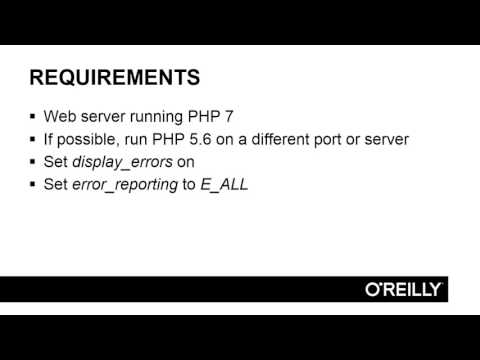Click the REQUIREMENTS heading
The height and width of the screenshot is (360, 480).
click(115, 78)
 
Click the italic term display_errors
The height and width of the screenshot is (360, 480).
click(120, 162)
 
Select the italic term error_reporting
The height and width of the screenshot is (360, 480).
click(125, 185)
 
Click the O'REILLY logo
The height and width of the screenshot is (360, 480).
click(405, 289)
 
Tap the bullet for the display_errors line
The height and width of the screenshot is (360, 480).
click(35, 162)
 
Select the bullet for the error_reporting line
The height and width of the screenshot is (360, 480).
click(35, 185)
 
